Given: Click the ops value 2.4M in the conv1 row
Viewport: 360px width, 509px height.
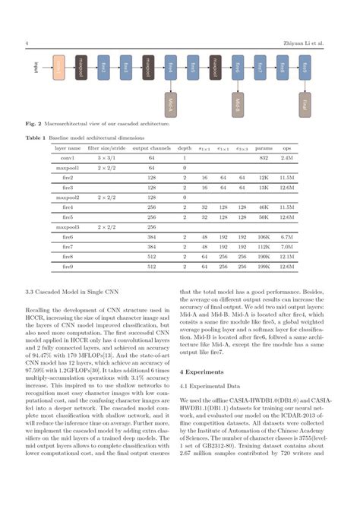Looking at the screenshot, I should coord(287,156).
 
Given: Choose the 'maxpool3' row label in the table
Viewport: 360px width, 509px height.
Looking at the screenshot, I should coord(68,226).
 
